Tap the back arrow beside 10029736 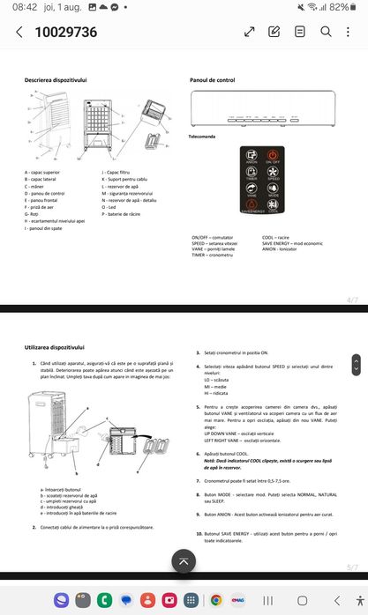point(19,33)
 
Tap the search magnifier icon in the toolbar point(325,32)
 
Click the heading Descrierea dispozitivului point(56,79)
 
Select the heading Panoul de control point(213,79)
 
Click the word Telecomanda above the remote point(203,137)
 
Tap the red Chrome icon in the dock point(215,599)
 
